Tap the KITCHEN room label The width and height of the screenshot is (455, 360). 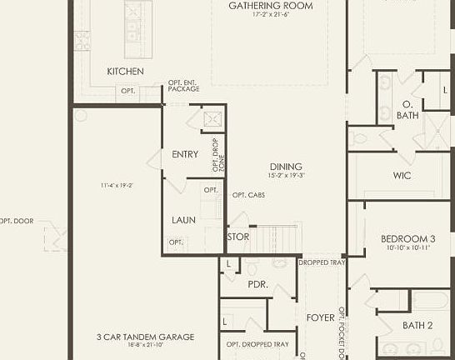coord(125,72)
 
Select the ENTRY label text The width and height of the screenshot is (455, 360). coord(184,154)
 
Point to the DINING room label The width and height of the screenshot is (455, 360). coord(286,167)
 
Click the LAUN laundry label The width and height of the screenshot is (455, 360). coord(183,220)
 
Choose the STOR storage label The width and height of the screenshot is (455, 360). coord(238,237)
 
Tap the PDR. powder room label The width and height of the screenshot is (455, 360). coord(257,284)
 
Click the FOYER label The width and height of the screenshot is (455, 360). coord(320,317)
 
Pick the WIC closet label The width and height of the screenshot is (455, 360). coord(402,176)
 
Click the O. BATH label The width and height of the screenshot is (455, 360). coord(407,110)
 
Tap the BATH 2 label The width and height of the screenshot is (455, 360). coord(417,325)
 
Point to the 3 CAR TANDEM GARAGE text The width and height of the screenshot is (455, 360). coord(145,337)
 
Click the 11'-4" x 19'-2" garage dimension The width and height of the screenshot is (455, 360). coord(117,185)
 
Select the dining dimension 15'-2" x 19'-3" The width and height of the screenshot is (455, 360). coord(286,176)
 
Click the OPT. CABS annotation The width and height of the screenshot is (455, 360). coord(248,195)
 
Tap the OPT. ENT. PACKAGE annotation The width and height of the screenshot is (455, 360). coord(183,85)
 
